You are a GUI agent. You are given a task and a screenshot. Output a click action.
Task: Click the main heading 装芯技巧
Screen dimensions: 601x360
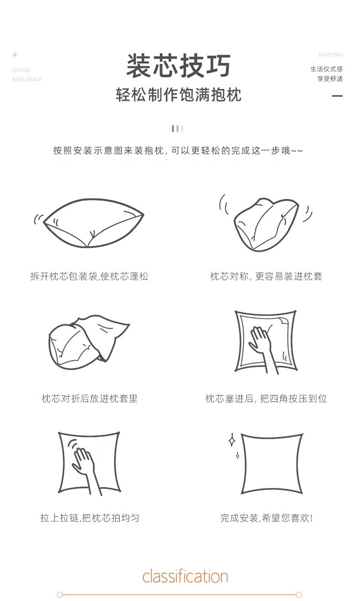point(179,67)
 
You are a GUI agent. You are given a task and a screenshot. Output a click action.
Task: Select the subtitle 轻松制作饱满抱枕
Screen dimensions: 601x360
point(179,95)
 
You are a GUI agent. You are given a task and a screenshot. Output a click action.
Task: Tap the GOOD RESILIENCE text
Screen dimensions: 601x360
point(26,75)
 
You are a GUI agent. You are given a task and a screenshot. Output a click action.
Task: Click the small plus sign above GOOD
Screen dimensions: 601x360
point(15,55)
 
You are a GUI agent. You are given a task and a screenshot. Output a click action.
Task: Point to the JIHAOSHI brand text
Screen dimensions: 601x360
point(330,55)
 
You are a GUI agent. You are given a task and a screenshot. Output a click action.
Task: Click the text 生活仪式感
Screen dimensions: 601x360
point(326,69)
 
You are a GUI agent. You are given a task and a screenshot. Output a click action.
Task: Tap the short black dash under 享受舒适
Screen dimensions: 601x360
point(337,96)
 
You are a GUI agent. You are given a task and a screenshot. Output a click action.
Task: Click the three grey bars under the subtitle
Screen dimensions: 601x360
point(178,129)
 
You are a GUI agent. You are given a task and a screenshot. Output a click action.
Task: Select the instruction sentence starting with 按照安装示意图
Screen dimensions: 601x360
point(178,151)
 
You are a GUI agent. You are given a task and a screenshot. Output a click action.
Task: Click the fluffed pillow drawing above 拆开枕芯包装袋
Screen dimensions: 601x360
point(91,223)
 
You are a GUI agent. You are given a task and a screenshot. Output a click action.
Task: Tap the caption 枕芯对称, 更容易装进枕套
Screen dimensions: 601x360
point(266,276)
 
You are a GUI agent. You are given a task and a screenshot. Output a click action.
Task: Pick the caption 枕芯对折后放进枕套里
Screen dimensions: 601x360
point(90,399)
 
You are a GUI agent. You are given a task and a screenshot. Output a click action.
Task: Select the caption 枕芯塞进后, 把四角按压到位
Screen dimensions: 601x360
point(266,399)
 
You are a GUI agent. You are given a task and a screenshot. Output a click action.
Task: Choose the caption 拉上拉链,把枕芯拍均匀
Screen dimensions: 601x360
point(90,518)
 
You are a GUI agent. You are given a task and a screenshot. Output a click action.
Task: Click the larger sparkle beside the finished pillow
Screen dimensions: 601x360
point(231,440)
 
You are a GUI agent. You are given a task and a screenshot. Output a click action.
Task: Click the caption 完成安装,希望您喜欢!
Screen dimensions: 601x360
point(266,518)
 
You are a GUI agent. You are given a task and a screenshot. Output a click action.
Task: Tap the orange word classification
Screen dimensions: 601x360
point(185,576)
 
